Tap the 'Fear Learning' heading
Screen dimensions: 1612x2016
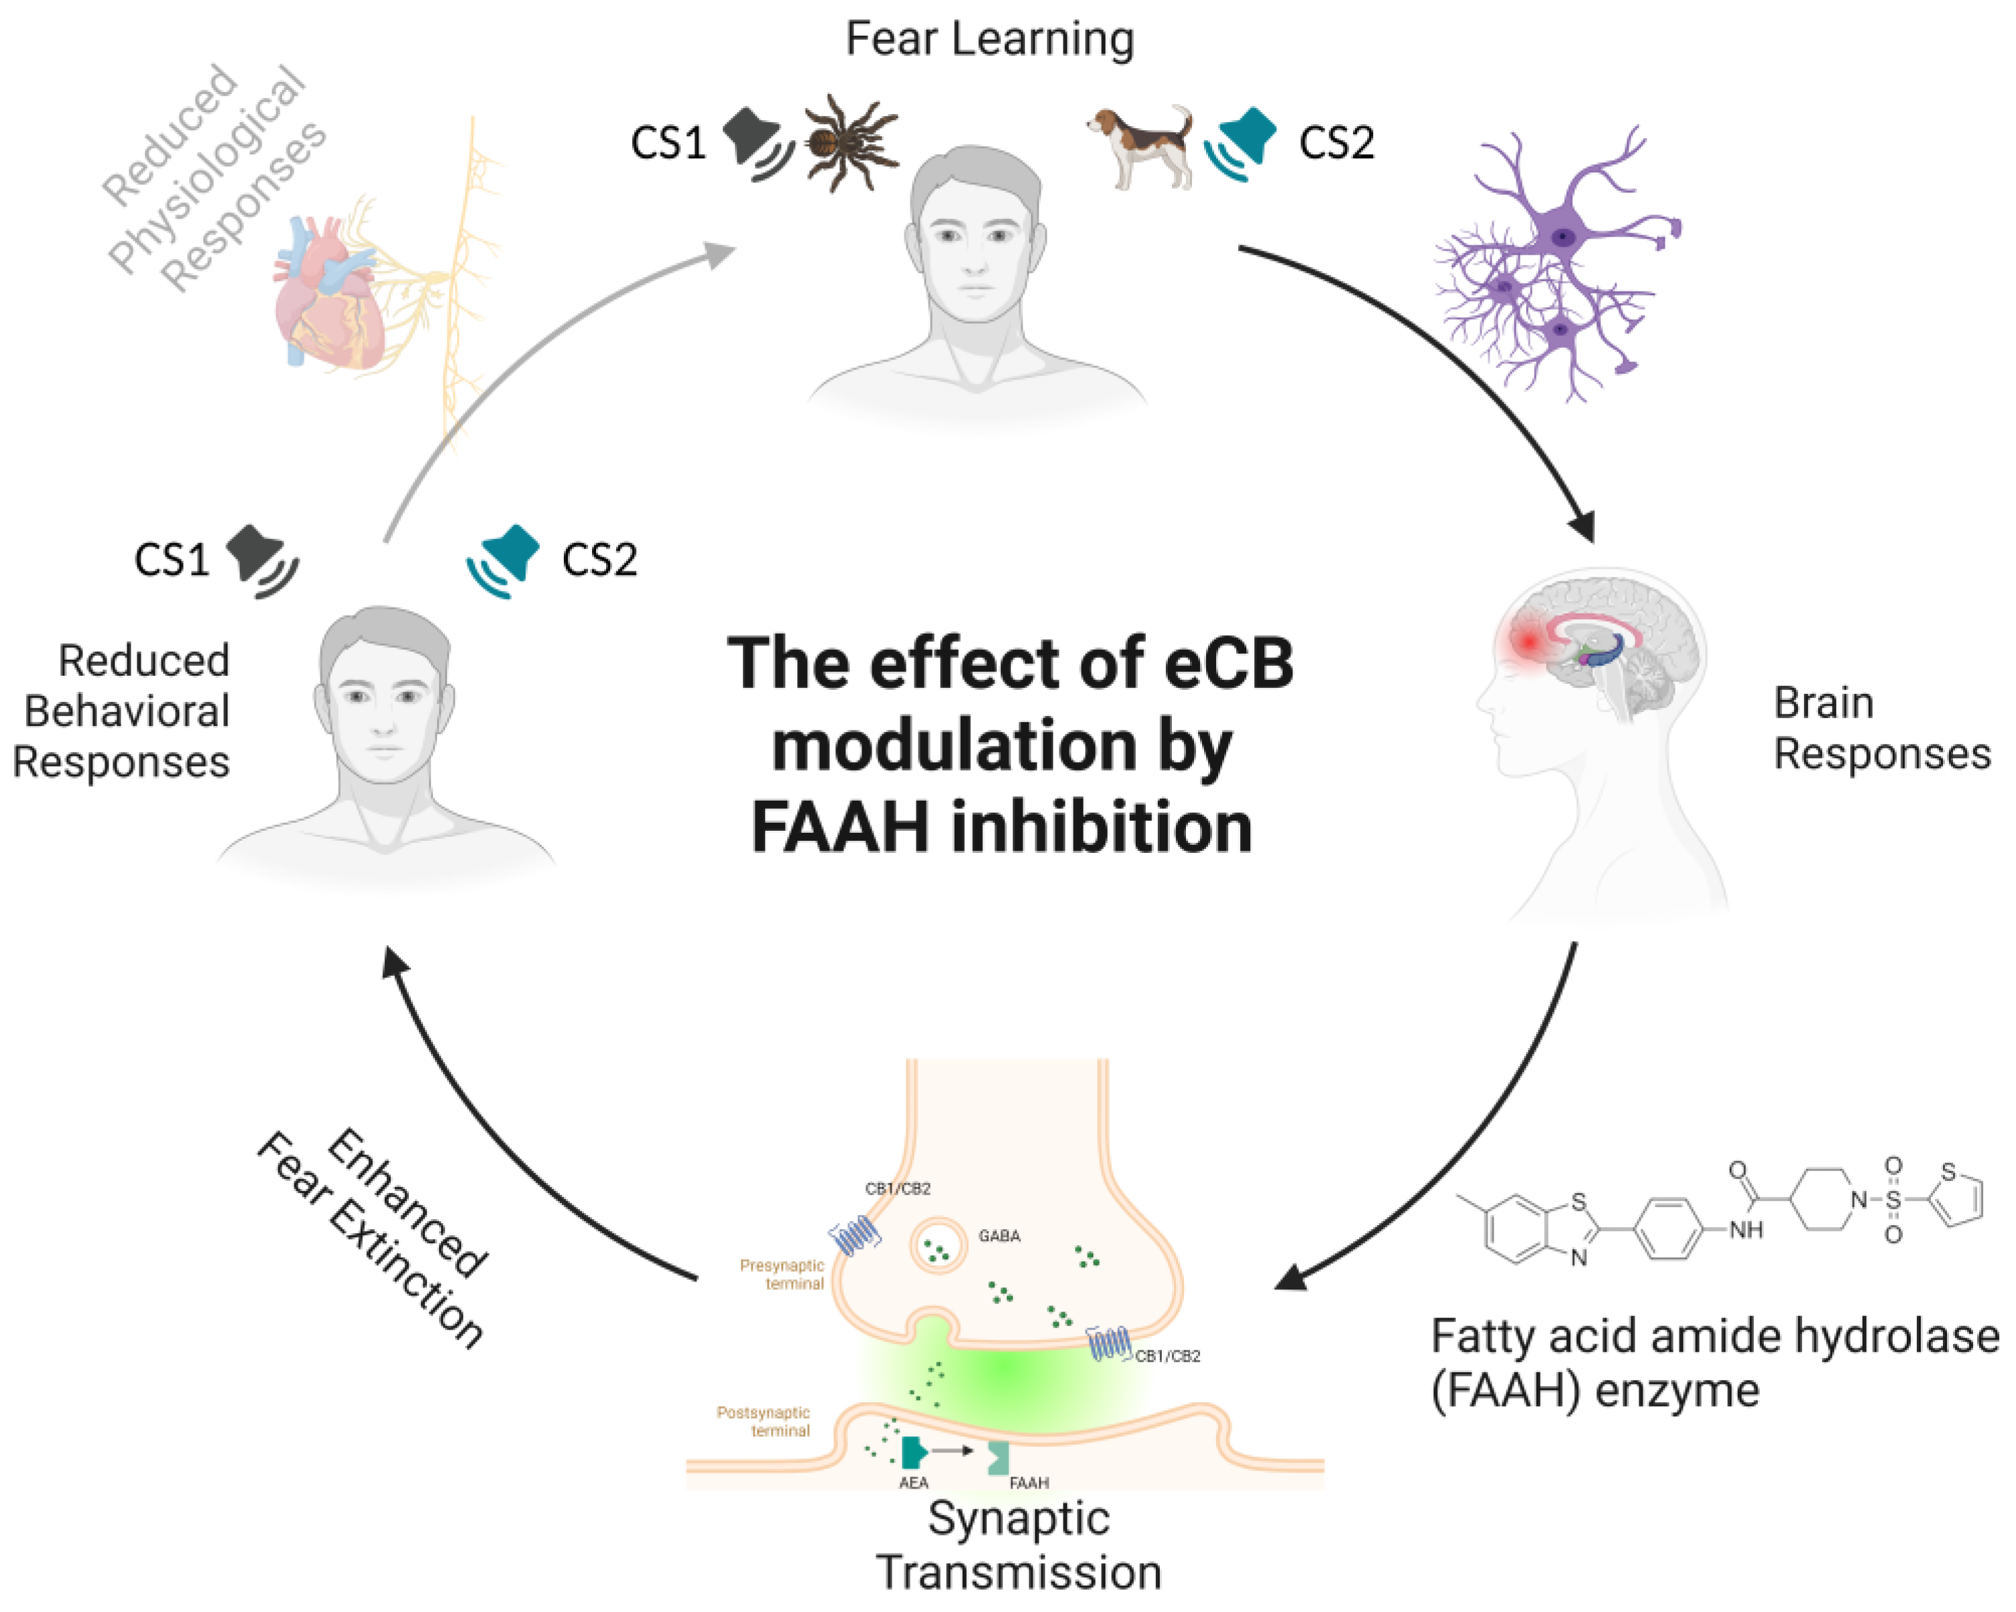click(990, 40)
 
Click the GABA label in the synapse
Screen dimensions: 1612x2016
click(999, 1236)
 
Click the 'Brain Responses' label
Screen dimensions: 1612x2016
click(1879, 728)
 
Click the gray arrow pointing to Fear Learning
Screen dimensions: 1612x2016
click(524, 374)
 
